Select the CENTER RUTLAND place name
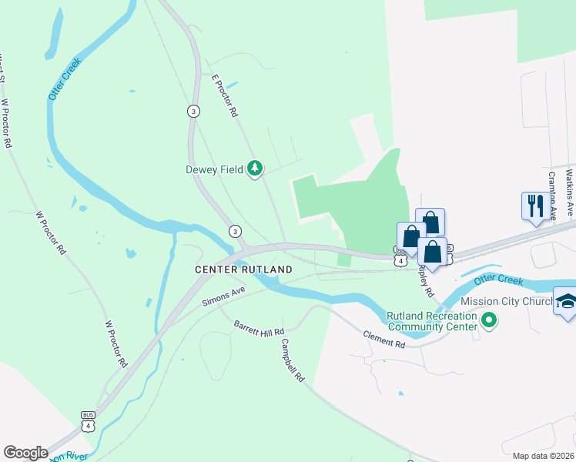[243, 269]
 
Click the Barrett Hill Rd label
[259, 327]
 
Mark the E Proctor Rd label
[224, 95]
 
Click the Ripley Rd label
[425, 281]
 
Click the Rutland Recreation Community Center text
[431, 320]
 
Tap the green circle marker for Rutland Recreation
[488, 319]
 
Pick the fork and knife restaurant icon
[536, 206]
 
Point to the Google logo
[25, 453]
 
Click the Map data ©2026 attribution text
[543, 456]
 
